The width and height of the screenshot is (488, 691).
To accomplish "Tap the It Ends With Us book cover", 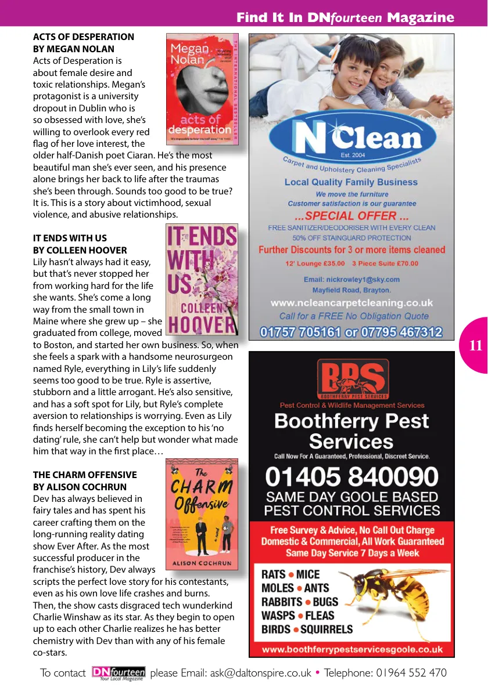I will click(x=202, y=280).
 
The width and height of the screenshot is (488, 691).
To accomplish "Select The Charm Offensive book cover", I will click(x=202, y=513).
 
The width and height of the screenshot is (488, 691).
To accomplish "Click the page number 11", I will click(x=475, y=346).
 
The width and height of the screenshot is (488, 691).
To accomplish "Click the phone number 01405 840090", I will click(x=351, y=477).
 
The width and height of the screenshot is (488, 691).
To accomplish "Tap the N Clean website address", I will click(x=351, y=303).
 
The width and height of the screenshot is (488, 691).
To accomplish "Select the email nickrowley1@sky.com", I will click(x=351, y=279).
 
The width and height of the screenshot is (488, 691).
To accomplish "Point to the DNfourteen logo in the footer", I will click(x=119, y=673).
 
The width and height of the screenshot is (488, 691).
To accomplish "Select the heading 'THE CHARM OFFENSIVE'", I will click(x=85, y=475).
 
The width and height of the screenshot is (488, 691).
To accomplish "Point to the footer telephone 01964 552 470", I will click(x=386, y=673).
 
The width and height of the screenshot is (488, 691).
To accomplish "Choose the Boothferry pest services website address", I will click(x=352, y=649).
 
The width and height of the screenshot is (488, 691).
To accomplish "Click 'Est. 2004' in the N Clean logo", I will click(x=352, y=155).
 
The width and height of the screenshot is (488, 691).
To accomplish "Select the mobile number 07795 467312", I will click(x=401, y=332).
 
